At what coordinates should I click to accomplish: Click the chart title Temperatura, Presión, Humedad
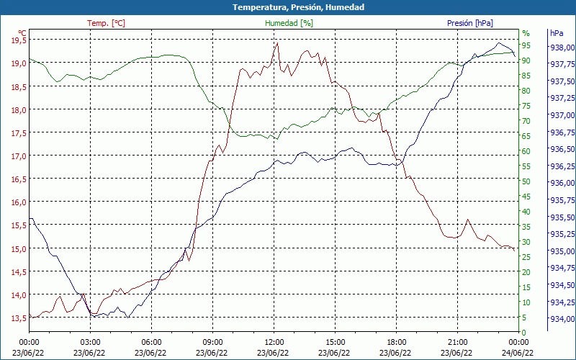pos(288,7)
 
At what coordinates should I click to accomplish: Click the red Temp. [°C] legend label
pos(106,23)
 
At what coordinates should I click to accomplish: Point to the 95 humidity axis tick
pos(526,45)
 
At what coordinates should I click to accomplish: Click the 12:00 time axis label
pos(274,342)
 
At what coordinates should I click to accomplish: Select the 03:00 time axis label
pos(90,342)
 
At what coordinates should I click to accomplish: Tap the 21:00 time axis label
pos(457,342)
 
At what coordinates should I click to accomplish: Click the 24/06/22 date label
pos(518,353)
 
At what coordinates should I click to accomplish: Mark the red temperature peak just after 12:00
pos(277,43)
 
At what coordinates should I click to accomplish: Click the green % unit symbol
pos(526,33)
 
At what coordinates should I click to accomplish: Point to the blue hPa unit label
pos(557,33)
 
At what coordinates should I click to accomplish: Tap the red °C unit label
pos(22,33)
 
